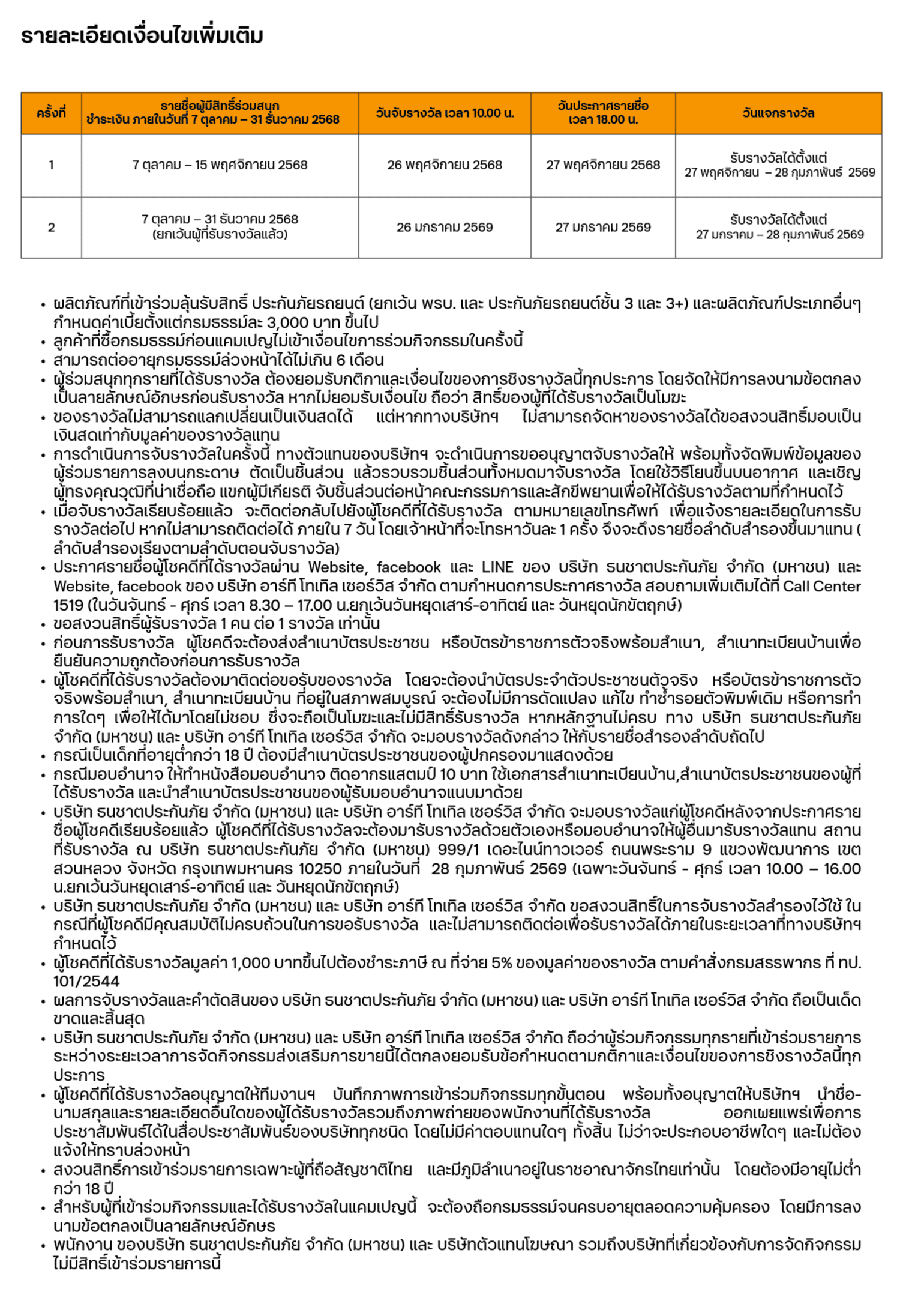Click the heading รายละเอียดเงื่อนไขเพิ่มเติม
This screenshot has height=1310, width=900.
[142, 37]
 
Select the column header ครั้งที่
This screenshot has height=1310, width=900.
[51, 113]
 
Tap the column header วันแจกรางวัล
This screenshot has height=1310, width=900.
[778, 113]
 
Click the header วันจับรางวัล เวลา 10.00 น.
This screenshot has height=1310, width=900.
[445, 113]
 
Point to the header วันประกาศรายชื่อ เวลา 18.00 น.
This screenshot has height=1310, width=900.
[602, 113]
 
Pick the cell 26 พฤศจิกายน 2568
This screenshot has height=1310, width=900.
[445, 165]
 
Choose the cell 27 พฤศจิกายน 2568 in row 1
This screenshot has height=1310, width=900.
[602, 165]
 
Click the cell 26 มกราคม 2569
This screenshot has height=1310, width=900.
[445, 228]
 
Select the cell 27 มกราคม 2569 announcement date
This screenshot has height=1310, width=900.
[602, 228]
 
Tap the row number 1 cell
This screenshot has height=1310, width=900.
[51, 165]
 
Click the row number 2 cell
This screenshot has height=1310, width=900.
[51, 228]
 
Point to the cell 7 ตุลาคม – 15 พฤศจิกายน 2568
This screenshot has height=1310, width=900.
[220, 165]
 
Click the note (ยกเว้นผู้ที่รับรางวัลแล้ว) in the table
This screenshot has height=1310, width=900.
[220, 235]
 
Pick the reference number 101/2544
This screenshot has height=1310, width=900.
[86, 981]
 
